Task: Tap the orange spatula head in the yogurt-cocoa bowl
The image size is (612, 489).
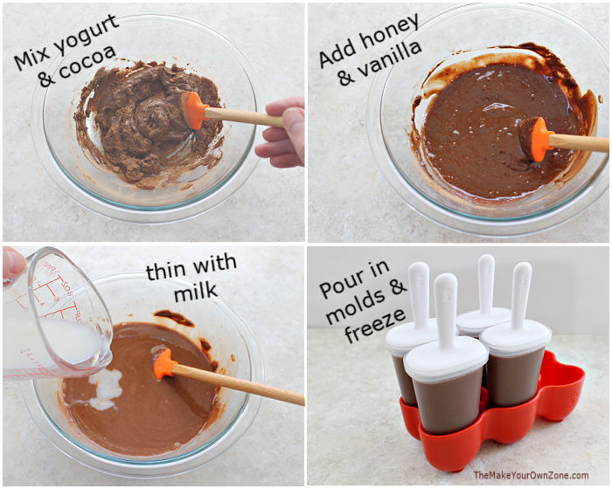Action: [193, 110]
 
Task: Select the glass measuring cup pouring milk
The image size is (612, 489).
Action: [52, 314]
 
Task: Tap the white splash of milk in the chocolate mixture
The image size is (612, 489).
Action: [106, 389]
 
